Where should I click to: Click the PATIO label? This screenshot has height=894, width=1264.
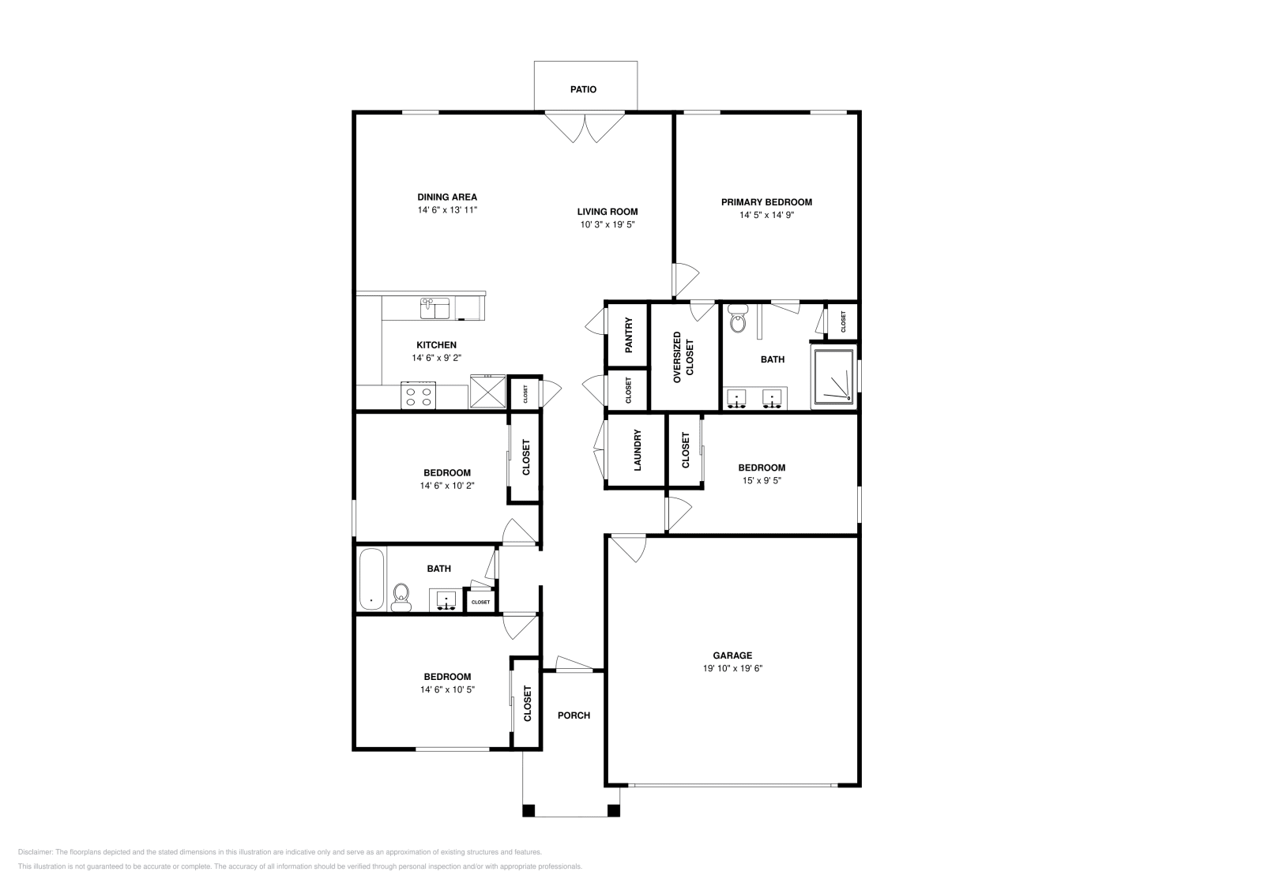(583, 89)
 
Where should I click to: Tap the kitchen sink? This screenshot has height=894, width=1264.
(434, 308)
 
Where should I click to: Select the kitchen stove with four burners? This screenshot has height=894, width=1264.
(419, 395)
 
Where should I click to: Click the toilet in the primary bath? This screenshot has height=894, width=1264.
(739, 321)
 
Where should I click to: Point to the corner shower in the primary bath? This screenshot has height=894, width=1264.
(834, 375)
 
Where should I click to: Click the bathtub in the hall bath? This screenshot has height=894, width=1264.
(371, 580)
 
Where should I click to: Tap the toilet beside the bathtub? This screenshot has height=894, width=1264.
(402, 596)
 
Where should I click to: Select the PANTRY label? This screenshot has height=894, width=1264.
(629, 334)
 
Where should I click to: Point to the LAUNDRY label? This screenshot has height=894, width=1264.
(638, 450)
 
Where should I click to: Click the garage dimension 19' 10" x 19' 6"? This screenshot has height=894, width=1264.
(732, 668)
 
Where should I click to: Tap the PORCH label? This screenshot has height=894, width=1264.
(574, 716)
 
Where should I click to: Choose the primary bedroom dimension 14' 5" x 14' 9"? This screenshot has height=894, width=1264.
(766, 215)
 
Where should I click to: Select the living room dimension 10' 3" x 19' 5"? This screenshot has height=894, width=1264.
(608, 224)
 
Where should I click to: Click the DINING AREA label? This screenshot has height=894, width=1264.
(447, 197)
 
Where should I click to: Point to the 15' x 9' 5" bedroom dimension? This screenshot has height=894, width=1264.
(762, 480)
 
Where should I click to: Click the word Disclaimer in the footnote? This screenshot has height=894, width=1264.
(34, 852)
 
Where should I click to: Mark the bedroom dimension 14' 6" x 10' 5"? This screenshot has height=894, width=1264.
(447, 689)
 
